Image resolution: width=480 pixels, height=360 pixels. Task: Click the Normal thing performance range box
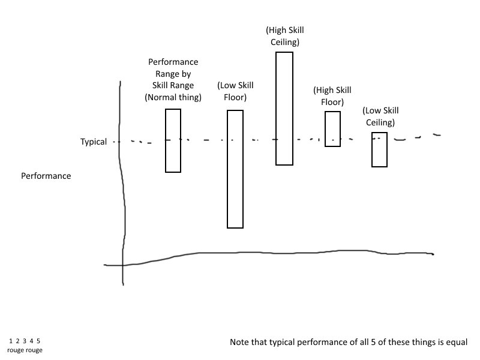click(173, 140)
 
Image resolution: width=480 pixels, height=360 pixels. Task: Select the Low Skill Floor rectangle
click(235, 169)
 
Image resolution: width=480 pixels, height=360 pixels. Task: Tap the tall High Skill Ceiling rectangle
click(284, 108)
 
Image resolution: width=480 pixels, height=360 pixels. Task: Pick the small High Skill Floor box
click(333, 129)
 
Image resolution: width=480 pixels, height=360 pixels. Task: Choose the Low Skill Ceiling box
click(379, 149)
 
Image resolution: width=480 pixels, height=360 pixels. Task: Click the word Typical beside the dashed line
click(94, 142)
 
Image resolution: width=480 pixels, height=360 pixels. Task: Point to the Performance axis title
click(46, 176)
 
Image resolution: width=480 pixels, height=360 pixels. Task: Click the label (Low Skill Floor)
click(232, 91)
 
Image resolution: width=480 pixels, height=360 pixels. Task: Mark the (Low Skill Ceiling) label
click(380, 116)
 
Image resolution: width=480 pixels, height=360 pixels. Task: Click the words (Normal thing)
click(173, 97)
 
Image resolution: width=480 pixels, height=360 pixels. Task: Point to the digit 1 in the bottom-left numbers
click(11, 341)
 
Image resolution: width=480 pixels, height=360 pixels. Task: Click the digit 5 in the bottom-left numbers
click(38, 341)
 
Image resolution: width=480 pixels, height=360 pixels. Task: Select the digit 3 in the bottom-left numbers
click(25, 341)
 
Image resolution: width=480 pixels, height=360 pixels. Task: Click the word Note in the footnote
click(240, 343)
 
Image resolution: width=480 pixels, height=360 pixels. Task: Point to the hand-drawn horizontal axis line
click(270, 253)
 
